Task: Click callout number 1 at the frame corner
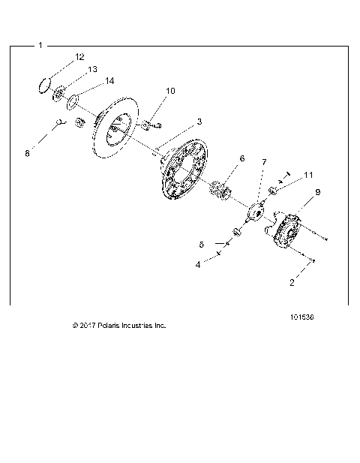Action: pyautogui.click(x=40, y=46)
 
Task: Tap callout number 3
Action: pyautogui.click(x=199, y=121)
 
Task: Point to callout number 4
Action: pyautogui.click(x=199, y=264)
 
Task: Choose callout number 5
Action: pyautogui.click(x=201, y=245)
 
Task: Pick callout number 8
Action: pyautogui.click(x=27, y=153)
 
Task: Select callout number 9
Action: pyautogui.click(x=317, y=192)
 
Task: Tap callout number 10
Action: pyautogui.click(x=170, y=91)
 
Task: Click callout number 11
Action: pyautogui.click(x=308, y=175)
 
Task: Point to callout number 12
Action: pyautogui.click(x=79, y=57)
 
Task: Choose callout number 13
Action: pyautogui.click(x=93, y=69)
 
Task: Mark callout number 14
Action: pyautogui.click(x=109, y=80)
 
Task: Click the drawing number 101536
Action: pyautogui.click(x=301, y=317)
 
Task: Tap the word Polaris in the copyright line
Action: pyautogui.click(x=109, y=326)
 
